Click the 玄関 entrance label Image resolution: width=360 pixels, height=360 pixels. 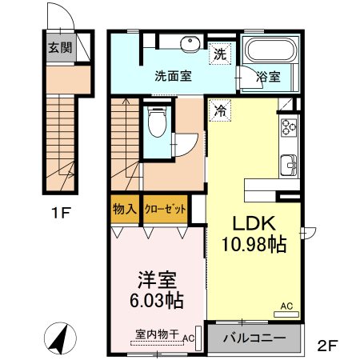click(x=60, y=48)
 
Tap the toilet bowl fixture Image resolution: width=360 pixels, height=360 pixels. click(x=157, y=122)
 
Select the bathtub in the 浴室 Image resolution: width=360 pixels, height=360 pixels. click(x=271, y=50)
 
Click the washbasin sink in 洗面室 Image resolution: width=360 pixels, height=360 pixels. click(x=190, y=43)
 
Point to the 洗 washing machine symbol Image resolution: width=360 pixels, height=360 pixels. click(x=220, y=54)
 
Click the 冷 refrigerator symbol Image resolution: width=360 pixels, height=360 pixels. click(x=220, y=110)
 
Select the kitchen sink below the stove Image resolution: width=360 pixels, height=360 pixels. click(x=289, y=166)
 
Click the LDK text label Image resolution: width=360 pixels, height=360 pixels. click(x=254, y=223)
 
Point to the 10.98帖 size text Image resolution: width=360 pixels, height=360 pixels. click(x=254, y=244)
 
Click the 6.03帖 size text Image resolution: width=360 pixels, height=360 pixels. click(x=157, y=300)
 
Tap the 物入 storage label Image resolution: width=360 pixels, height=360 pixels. click(x=125, y=209)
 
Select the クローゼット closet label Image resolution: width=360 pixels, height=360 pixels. click(x=165, y=209)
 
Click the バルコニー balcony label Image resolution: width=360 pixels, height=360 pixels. click(x=254, y=338)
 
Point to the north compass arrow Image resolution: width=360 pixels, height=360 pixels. click(x=60, y=338)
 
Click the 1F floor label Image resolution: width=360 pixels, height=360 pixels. click(x=61, y=213)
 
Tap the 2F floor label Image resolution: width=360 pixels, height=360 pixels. click(x=328, y=346)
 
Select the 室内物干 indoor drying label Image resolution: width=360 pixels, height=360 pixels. click(x=157, y=334)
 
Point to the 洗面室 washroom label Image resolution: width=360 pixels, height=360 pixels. click(x=174, y=77)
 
